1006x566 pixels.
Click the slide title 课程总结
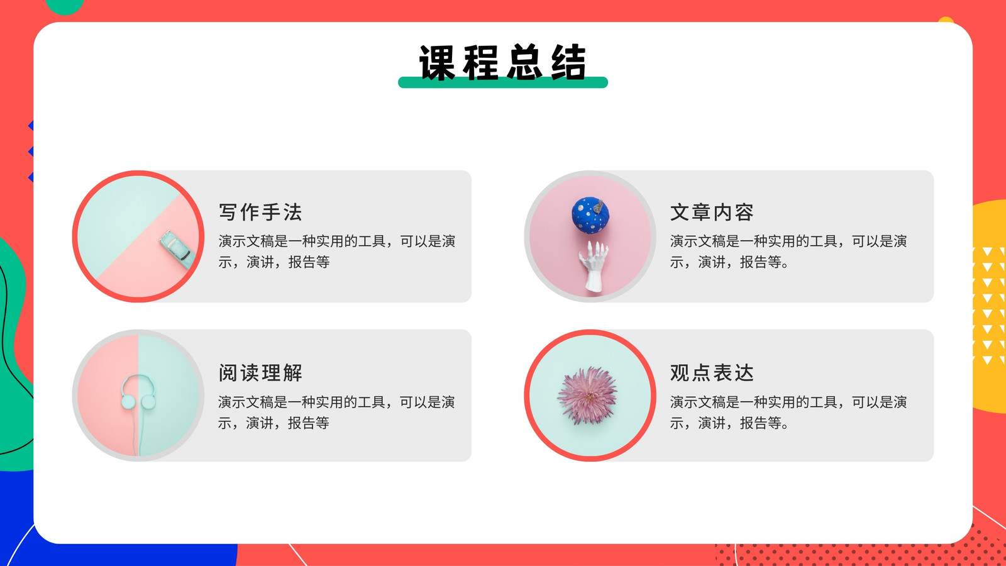[x=502, y=62]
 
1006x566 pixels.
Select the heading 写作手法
[x=260, y=212]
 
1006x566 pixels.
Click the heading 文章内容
[x=712, y=212]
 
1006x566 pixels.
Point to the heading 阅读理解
[x=260, y=373]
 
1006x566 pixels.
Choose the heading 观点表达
[x=712, y=373]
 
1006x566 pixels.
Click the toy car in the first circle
[x=177, y=250]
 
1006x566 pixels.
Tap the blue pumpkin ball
[x=590, y=216]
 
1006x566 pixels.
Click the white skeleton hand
[x=594, y=267]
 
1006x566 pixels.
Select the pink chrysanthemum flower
[x=587, y=396]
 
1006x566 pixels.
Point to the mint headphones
[x=138, y=393]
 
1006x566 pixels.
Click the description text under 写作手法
[x=337, y=252]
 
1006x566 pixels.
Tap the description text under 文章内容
[x=788, y=252]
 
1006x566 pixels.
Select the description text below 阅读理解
[x=336, y=413]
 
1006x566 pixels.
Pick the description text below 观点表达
[x=788, y=413]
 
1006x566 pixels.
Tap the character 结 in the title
[x=568, y=62]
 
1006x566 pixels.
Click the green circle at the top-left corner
[x=64, y=6]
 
